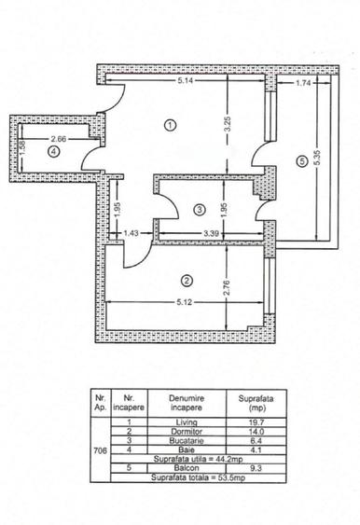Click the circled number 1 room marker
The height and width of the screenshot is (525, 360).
click(170, 126)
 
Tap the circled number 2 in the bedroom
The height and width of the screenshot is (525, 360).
click(187, 280)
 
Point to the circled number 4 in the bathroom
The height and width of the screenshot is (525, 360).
click(53, 154)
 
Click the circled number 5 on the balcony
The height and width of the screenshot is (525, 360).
click(300, 161)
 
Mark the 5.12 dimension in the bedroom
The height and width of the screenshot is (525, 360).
click(184, 302)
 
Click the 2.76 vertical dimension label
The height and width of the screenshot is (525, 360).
click(227, 275)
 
